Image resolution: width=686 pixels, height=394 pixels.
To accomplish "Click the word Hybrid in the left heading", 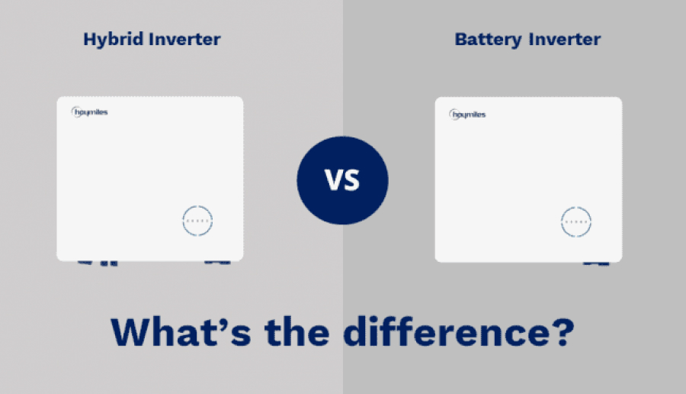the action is pyautogui.click(x=113, y=40).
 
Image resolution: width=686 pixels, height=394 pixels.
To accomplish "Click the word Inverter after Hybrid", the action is pyautogui.click(x=184, y=39).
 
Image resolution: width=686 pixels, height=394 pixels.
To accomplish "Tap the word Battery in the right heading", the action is pyautogui.click(x=489, y=40).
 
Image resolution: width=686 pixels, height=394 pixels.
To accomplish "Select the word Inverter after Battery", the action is pyautogui.click(x=565, y=39).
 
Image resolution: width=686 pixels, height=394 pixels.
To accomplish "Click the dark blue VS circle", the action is pyautogui.click(x=342, y=180).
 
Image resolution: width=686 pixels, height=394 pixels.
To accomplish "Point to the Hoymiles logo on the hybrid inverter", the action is pyautogui.click(x=90, y=112).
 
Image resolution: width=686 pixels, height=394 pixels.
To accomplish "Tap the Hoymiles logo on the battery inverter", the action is pyautogui.click(x=468, y=115).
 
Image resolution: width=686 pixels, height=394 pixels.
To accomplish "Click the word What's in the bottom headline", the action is pyautogui.click(x=181, y=331).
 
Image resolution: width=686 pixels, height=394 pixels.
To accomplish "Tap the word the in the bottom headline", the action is pyautogui.click(x=297, y=331).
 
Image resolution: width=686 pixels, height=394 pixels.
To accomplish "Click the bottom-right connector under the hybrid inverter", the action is pyautogui.click(x=217, y=263).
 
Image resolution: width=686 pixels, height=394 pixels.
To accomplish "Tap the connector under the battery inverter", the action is pyautogui.click(x=596, y=263).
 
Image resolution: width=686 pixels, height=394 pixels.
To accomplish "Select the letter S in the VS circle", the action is pyautogui.click(x=351, y=180).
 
